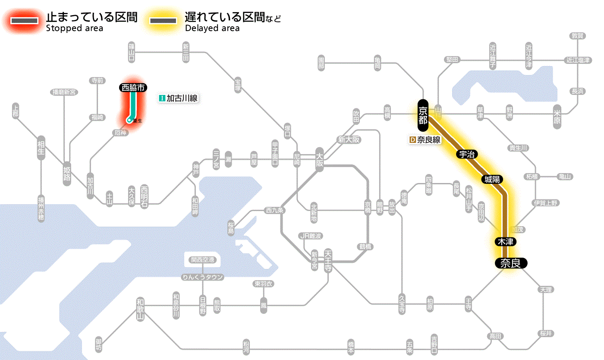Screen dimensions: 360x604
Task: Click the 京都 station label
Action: coord(423,115)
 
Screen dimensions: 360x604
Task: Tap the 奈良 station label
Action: coord(510,263)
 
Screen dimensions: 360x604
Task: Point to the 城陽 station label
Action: coord(492,179)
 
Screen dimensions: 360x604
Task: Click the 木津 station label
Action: coord(505,241)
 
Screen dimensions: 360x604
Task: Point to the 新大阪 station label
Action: coord(349,139)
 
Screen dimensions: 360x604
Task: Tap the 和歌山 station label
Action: coord(140,309)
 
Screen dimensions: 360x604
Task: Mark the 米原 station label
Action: coord(557,116)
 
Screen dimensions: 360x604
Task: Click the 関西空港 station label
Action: coord(205,260)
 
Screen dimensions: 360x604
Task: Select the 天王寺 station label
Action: coord(328,260)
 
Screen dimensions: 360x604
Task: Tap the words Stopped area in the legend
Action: coord(75,28)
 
